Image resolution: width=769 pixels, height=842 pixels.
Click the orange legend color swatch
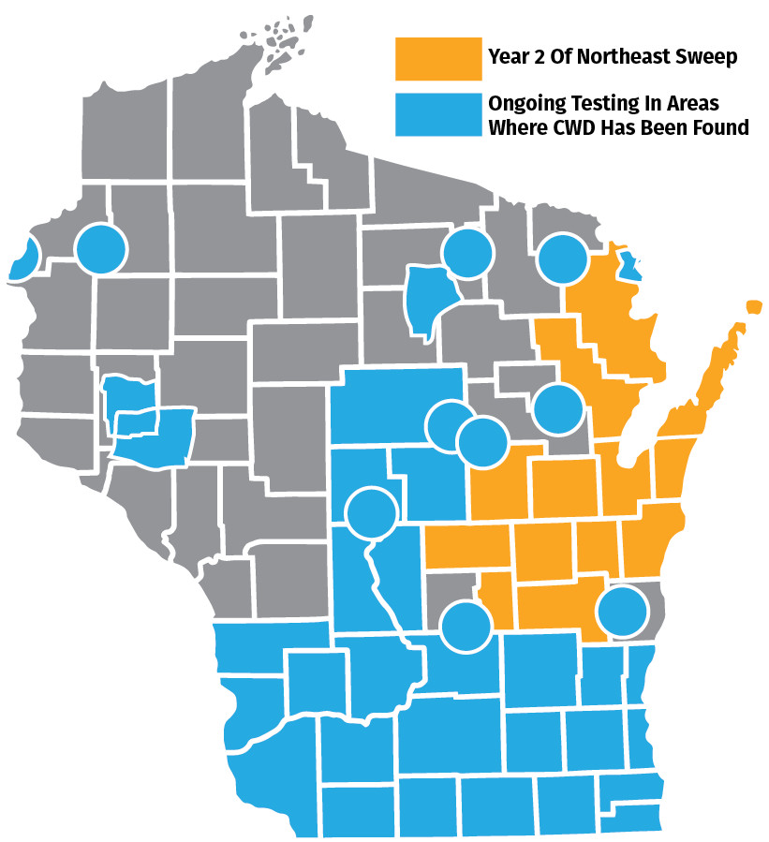pyautogui.click(x=436, y=57)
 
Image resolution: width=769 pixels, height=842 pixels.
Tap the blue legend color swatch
pyautogui.click(x=436, y=114)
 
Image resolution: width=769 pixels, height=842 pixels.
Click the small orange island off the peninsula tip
pyautogui.click(x=753, y=306)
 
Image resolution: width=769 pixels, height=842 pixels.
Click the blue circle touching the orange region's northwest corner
pyautogui.click(x=563, y=258)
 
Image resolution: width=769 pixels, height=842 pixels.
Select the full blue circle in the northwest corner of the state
pyautogui.click(x=100, y=249)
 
